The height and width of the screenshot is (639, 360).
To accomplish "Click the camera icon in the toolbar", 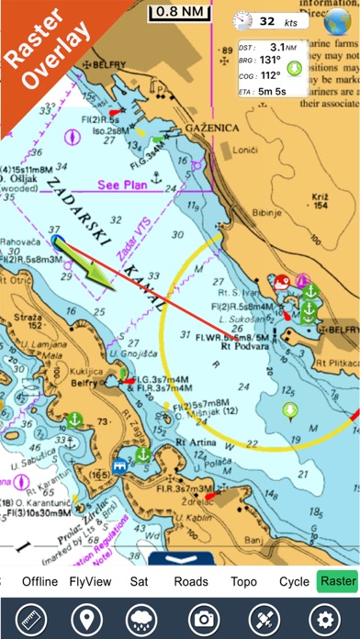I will coord(202,615).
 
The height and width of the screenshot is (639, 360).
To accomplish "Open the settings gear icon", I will coord(322,615).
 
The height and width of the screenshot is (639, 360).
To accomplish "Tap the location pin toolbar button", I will coord(83,615).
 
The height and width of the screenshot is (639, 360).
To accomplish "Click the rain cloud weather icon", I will coord(142,615).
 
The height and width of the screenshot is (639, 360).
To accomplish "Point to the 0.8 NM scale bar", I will coord(181,13).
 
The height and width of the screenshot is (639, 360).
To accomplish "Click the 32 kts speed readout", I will coord(276,20).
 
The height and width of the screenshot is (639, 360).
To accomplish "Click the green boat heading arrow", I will coord(91,271).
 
